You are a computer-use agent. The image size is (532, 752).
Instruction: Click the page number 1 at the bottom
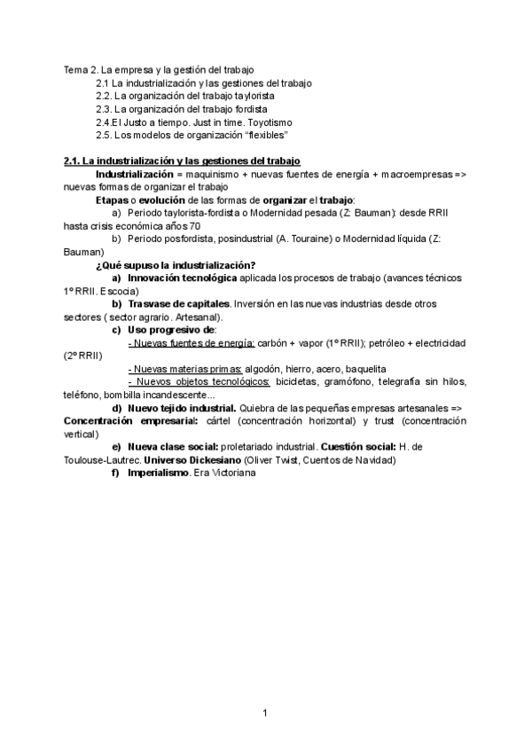(x=265, y=712)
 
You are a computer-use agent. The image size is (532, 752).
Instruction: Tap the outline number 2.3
(x=104, y=109)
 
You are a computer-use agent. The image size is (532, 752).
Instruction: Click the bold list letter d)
(x=117, y=408)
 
